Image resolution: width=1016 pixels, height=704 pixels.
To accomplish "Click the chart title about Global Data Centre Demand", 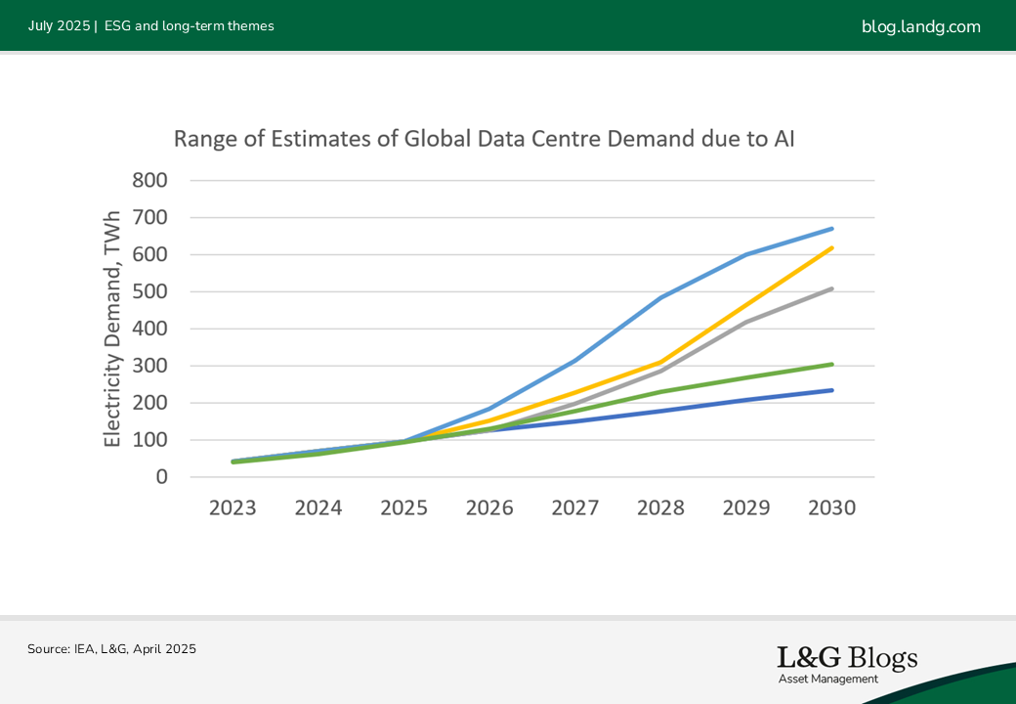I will click(484, 139).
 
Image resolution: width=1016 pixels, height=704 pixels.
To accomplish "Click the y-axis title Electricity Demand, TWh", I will click(113, 329).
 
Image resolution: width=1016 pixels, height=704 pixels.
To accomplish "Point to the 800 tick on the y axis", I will click(149, 181).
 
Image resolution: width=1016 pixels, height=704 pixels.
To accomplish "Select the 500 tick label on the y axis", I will click(149, 292).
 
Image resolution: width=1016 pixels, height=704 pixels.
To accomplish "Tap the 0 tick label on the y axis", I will click(161, 477).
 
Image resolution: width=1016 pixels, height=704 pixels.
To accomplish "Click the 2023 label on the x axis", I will click(233, 508).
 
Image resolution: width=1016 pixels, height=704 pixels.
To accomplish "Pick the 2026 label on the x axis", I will click(489, 508).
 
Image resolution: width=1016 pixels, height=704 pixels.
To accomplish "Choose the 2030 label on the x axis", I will click(832, 508).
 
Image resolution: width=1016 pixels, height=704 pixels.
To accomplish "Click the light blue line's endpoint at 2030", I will click(832, 229).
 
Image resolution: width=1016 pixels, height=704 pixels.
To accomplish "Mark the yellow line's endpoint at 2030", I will click(832, 247).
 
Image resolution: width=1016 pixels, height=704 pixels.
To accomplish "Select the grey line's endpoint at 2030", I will click(832, 288).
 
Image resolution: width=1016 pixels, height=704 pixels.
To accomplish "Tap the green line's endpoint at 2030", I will click(832, 364).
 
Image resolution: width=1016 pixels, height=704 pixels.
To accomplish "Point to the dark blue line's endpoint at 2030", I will click(832, 390).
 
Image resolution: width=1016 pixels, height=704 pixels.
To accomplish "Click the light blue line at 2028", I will click(661, 297).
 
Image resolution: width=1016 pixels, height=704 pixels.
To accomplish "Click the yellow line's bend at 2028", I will click(661, 362).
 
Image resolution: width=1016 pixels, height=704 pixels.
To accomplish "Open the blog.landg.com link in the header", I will click(920, 26).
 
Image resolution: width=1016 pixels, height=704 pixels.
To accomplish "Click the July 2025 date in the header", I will click(58, 26).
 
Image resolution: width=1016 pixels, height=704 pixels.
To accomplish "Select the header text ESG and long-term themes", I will click(189, 26).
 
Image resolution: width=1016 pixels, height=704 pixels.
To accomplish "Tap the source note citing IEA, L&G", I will click(111, 648).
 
